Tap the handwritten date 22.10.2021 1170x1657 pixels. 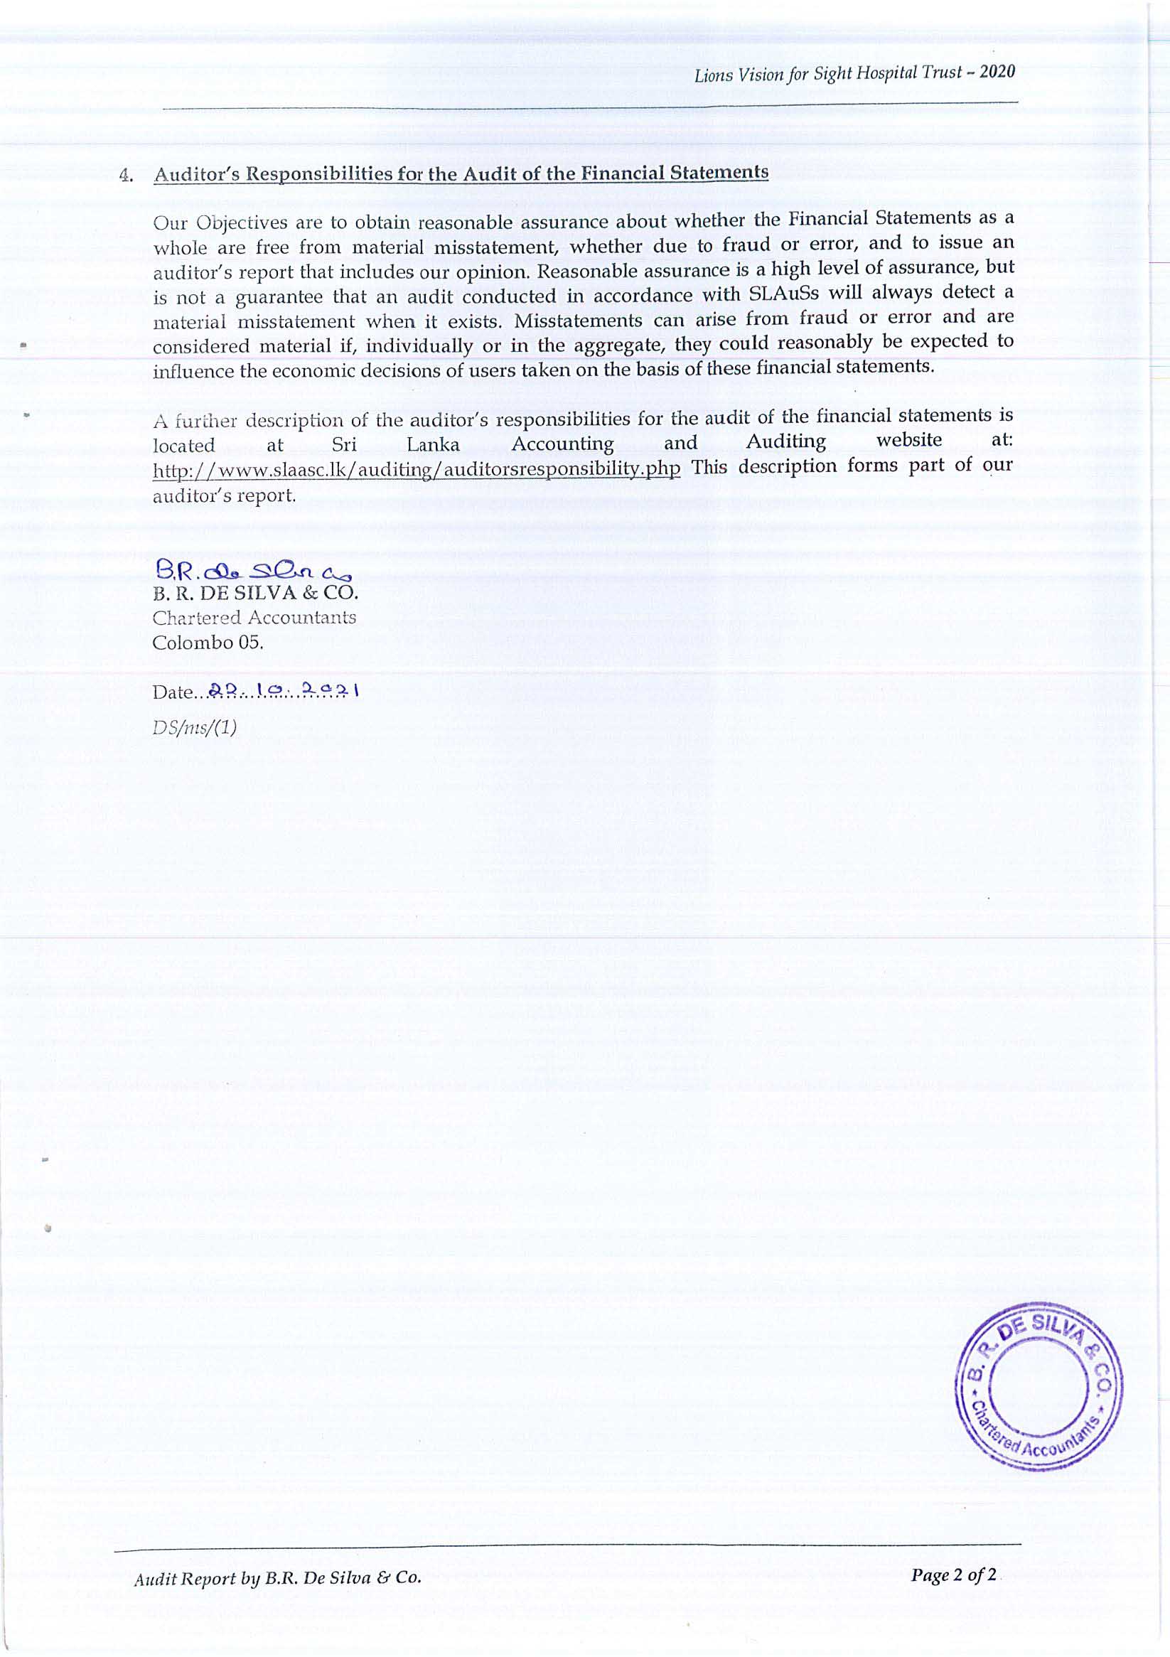(283, 691)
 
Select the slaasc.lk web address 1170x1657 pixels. (417, 469)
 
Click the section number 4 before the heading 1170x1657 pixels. (128, 177)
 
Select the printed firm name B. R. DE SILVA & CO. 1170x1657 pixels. (254, 595)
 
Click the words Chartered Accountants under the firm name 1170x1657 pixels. (254, 618)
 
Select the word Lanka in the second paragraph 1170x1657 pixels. (433, 444)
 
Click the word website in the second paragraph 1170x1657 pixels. (908, 439)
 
